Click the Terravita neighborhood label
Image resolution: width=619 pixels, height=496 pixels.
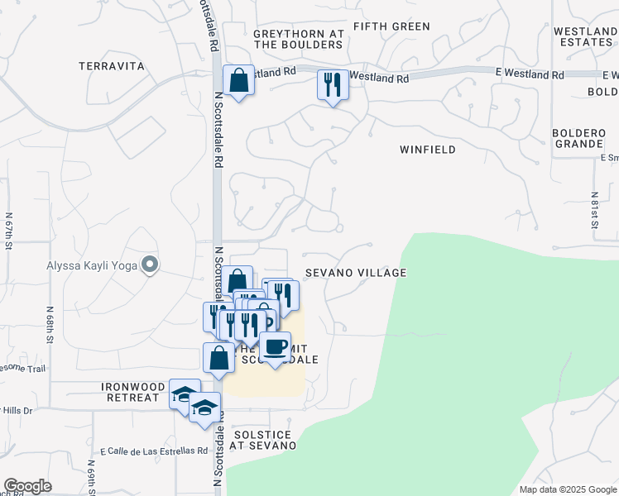(112, 65)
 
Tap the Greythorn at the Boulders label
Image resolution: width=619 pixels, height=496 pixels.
(299, 39)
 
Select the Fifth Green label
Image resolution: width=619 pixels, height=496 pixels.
(391, 26)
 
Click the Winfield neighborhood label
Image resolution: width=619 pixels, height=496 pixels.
(427, 150)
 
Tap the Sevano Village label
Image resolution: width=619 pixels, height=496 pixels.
(355, 273)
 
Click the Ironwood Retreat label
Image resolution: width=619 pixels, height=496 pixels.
(130, 392)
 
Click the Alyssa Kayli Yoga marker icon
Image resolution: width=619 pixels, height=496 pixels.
(150, 265)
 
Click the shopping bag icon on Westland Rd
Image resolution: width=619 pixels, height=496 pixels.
(239, 81)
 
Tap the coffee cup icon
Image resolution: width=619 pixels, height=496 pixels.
(275, 346)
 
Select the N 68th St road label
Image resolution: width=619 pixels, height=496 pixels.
(50, 327)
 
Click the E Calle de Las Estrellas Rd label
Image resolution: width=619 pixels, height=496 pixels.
(155, 451)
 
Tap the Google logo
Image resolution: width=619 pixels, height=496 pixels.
(27, 486)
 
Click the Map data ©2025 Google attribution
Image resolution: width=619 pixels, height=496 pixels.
(567, 489)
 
